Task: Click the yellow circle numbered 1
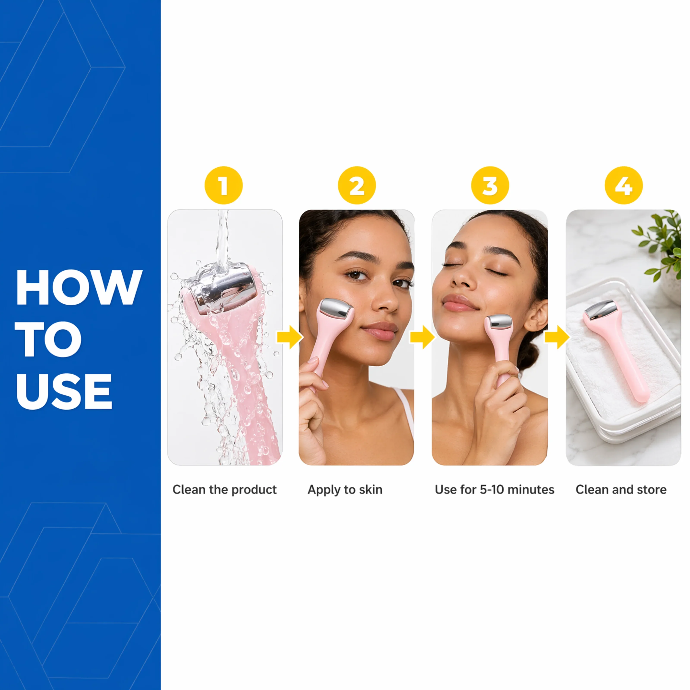(x=224, y=185)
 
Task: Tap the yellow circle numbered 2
(x=357, y=185)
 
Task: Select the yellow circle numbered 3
(x=490, y=185)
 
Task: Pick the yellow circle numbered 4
(x=624, y=185)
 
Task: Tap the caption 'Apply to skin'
(x=345, y=490)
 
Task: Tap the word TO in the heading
(x=49, y=339)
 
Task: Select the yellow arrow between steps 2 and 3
(x=422, y=337)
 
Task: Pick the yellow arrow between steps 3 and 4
(x=557, y=337)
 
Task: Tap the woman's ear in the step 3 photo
(x=535, y=315)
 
